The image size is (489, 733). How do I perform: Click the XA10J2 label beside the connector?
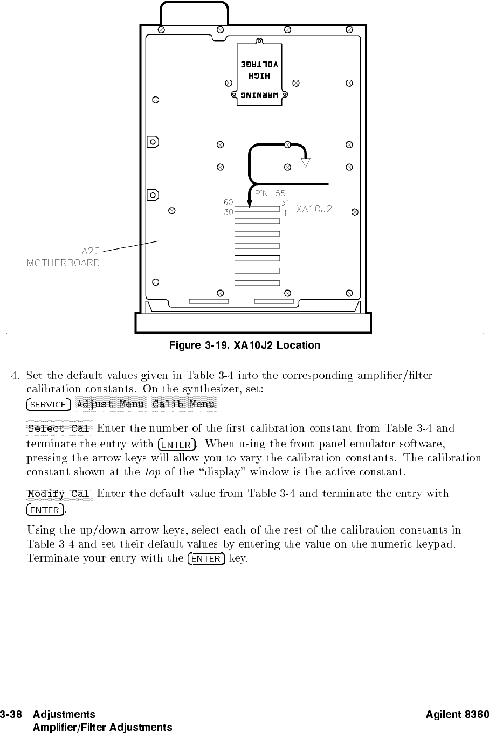[x=314, y=209]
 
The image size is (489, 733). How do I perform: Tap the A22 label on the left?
[x=91, y=251]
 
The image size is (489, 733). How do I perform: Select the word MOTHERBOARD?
[x=63, y=263]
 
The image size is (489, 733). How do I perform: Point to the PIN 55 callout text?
[x=270, y=193]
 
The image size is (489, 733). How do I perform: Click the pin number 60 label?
[x=228, y=202]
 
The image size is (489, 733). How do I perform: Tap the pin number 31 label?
[x=285, y=203]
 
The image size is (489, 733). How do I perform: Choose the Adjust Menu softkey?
[x=111, y=404]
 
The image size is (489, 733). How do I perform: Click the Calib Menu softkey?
[x=183, y=404]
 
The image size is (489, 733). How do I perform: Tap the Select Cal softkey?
[x=59, y=429]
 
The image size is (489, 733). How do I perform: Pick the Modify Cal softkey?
[x=59, y=494]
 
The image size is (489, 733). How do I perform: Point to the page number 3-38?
[x=11, y=715]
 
